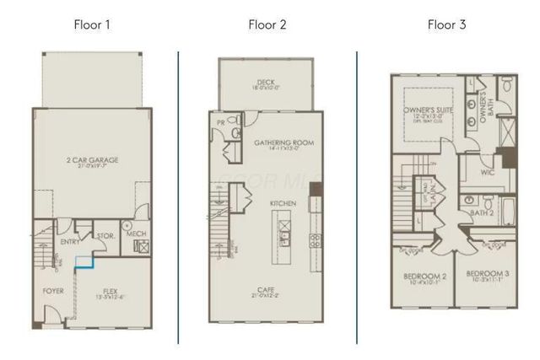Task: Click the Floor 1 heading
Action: tap(91, 24)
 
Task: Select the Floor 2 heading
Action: tap(267, 24)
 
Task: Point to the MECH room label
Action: tap(138, 233)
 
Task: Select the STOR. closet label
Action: tap(106, 236)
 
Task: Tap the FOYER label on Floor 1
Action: tap(53, 292)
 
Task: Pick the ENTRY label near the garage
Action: tap(70, 242)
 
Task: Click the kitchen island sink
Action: tap(283, 225)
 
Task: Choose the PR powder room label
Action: tap(221, 121)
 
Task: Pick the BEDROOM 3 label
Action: tap(488, 275)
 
